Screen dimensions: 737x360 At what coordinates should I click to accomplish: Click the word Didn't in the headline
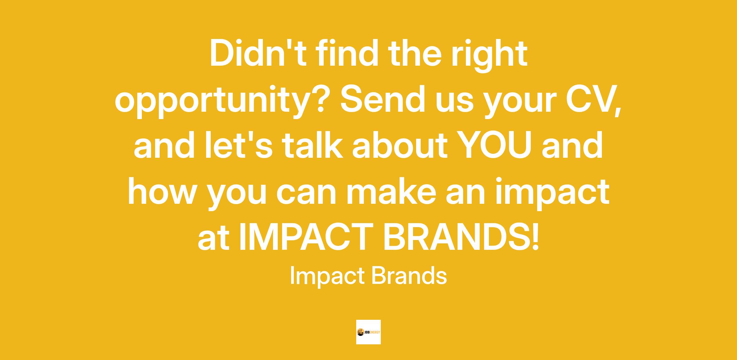(x=258, y=53)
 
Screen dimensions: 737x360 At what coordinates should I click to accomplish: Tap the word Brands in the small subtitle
(x=409, y=276)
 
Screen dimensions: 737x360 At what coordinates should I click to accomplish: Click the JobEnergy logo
(x=368, y=332)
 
